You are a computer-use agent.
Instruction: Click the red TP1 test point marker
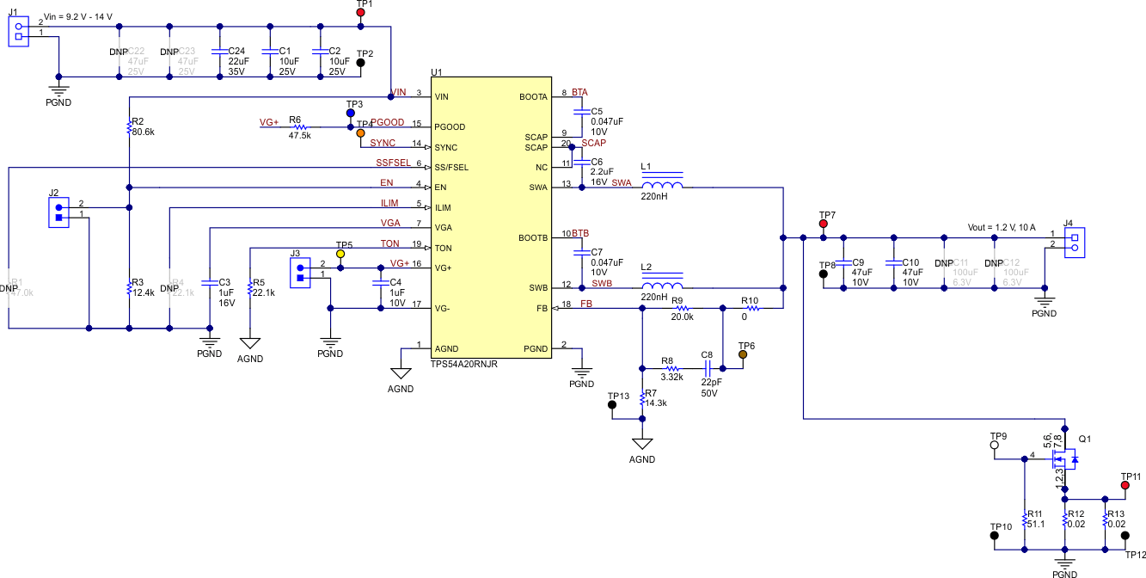pos(361,13)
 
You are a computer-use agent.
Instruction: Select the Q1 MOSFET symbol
pos(1061,460)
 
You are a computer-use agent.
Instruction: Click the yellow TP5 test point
pos(340,255)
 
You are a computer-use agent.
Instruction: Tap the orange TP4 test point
pos(359,133)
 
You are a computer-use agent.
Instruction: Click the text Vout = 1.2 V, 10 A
pos(1001,228)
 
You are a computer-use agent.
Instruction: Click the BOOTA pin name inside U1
pos(533,96)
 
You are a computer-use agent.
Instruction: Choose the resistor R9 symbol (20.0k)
pos(683,308)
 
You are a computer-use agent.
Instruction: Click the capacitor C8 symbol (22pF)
pos(708,366)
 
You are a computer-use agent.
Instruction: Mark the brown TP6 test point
pos(743,354)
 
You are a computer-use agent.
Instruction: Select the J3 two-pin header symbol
pos(300,273)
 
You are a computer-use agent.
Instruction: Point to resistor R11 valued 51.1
pos(1024,519)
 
